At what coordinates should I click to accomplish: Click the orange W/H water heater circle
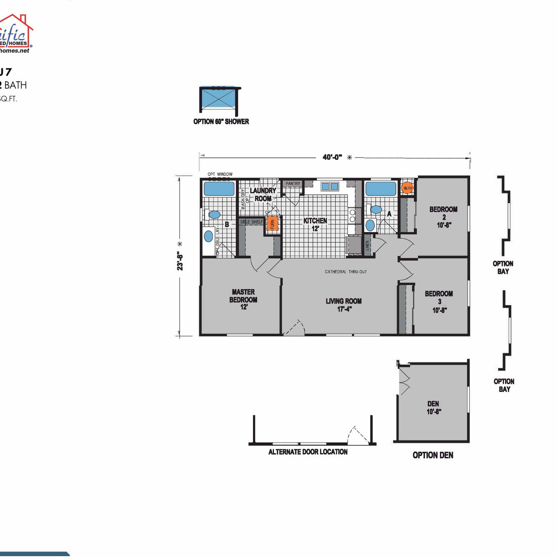point(407,188)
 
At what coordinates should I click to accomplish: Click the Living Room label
point(344,305)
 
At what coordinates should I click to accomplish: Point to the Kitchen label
point(315,224)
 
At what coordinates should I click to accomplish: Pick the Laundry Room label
point(263,194)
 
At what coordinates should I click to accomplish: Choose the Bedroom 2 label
point(443,217)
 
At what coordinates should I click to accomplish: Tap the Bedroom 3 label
point(439,301)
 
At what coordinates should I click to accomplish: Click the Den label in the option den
point(433,407)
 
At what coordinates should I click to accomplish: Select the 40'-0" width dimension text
point(332,157)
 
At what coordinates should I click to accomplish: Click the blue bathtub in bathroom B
point(219,189)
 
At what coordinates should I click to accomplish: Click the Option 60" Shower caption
point(221,121)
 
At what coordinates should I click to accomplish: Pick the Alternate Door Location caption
point(308,452)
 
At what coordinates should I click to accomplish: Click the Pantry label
point(293,184)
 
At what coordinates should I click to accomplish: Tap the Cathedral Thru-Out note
point(346,272)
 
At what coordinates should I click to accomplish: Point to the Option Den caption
point(433,455)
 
